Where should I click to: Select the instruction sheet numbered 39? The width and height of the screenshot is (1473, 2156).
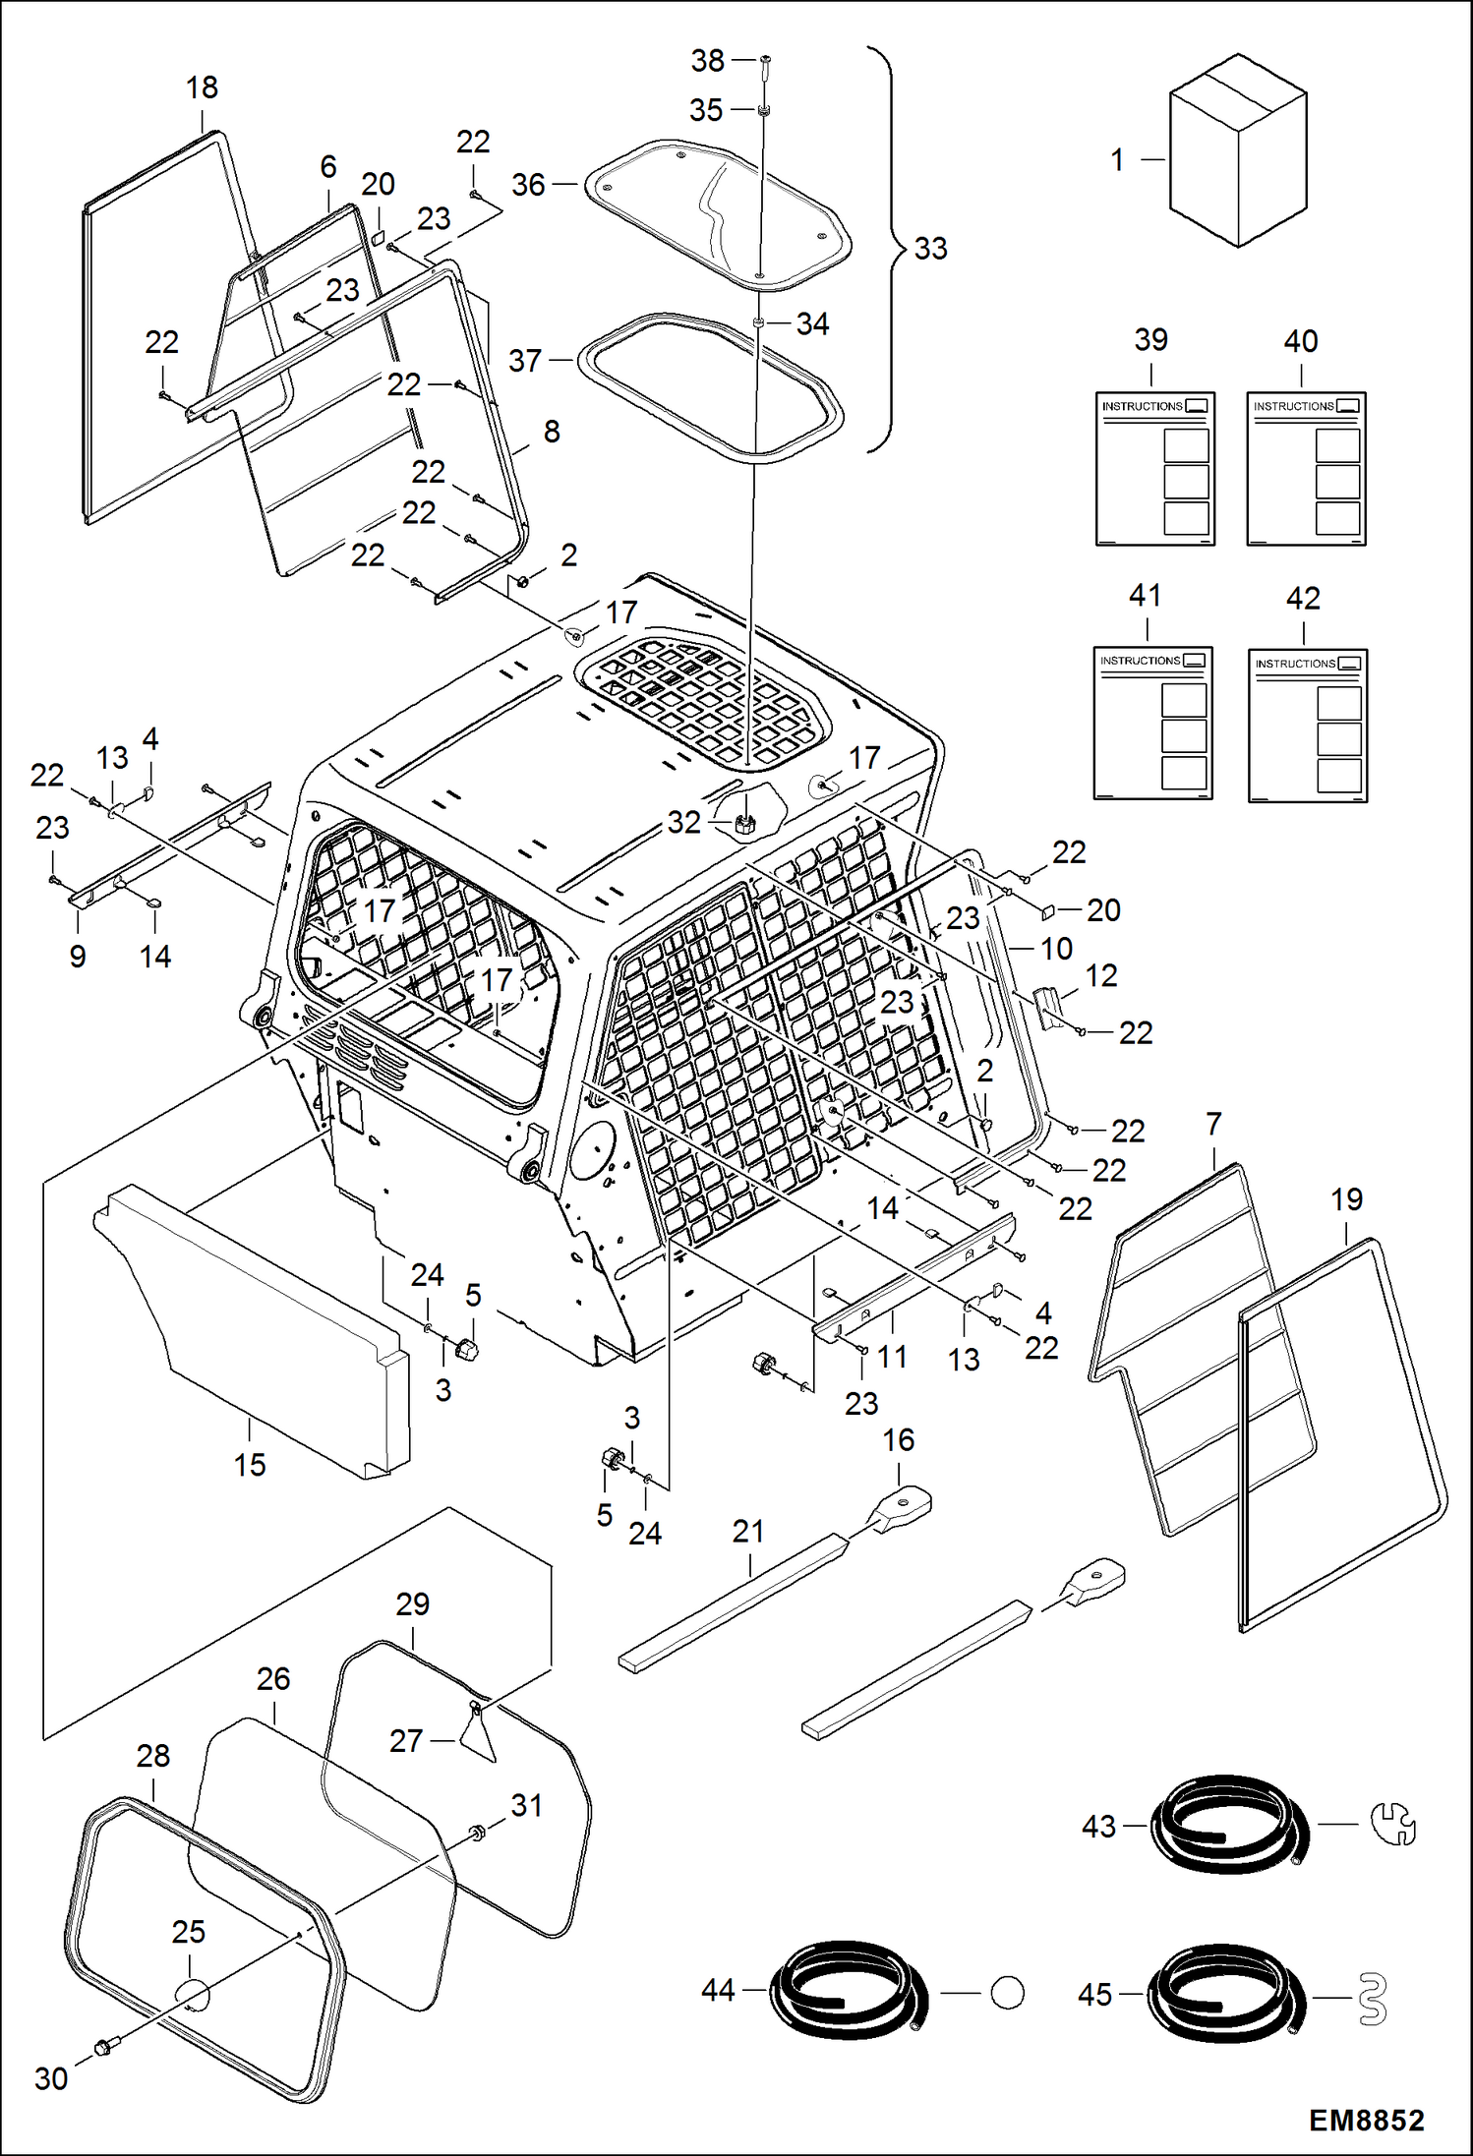1154,468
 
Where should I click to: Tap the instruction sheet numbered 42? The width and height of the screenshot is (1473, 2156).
1307,726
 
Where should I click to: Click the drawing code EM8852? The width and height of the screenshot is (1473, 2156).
1366,2120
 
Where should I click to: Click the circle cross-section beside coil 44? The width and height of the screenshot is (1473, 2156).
1007,1993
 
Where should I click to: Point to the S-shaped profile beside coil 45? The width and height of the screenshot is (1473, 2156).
1373,1999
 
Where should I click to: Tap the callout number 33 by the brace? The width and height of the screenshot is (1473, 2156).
930,248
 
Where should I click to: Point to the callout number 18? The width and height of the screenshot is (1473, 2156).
202,87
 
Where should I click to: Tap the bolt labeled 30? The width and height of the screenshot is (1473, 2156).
101,2047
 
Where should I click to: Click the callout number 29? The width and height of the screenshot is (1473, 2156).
412,1603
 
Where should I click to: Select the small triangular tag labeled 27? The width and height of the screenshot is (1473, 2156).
479,1736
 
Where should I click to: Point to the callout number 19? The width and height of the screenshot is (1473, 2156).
1346,1198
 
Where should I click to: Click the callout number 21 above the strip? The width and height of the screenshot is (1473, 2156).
747,1531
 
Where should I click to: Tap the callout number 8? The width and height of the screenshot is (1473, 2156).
552,431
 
